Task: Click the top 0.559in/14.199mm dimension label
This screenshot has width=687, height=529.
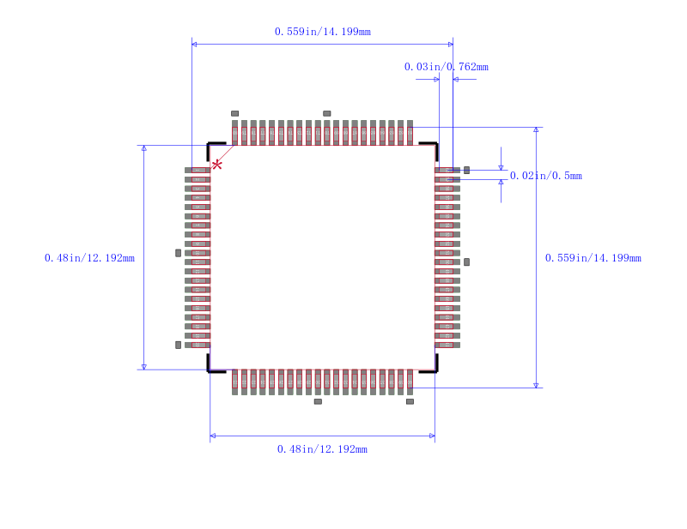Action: (x=322, y=32)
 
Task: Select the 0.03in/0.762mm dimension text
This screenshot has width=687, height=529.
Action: (x=446, y=67)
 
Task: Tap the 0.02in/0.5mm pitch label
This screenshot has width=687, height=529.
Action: (x=545, y=176)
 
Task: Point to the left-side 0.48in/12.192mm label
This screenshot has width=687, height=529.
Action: (x=89, y=258)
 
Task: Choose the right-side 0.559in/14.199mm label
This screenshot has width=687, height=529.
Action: (x=593, y=258)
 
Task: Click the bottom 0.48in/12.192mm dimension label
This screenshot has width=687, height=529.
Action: (x=322, y=449)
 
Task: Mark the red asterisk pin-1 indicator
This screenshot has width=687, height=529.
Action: (x=216, y=164)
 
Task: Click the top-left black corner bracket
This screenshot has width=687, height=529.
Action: (x=212, y=147)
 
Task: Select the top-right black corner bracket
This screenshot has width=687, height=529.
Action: (x=433, y=147)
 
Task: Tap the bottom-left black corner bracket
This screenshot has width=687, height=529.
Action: (x=212, y=367)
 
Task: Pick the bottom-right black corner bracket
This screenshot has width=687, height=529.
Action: (x=433, y=367)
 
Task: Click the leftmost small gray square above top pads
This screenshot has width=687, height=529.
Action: (x=234, y=113)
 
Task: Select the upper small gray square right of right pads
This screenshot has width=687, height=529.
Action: (x=466, y=170)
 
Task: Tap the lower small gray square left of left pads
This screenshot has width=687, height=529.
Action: (x=179, y=345)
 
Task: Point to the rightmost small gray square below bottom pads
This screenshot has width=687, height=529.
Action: (x=410, y=401)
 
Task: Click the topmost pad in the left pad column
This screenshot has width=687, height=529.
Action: (x=197, y=170)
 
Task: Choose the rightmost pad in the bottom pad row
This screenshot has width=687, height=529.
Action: (x=410, y=382)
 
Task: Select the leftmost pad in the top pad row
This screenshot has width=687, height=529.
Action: (x=234, y=132)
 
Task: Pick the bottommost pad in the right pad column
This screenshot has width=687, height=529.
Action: (x=447, y=345)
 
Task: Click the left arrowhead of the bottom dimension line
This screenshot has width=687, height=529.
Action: (x=213, y=436)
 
